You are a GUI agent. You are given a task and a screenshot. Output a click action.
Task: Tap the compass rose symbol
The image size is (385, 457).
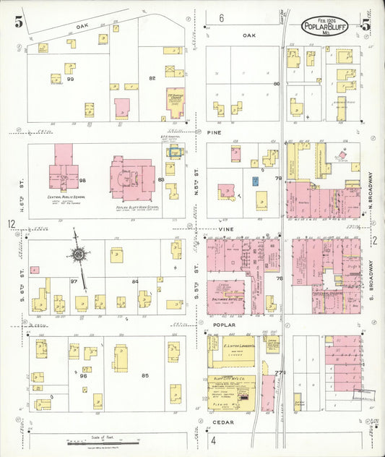pos(77,255)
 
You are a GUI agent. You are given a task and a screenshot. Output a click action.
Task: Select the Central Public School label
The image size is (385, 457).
pos(64,197)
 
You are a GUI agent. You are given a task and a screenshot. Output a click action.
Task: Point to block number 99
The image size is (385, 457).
pos(71,78)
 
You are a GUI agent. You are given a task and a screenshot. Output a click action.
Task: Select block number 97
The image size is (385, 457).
pos(74,281)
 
